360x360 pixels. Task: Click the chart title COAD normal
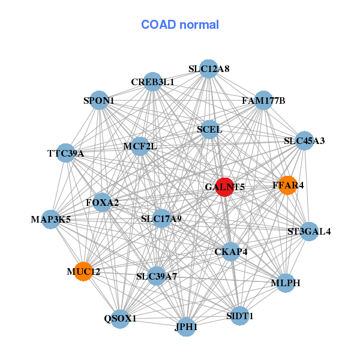tap(180, 25)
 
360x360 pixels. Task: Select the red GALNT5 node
tap(224, 187)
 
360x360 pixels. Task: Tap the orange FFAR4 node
tap(287, 185)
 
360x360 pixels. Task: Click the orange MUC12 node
tap(83, 271)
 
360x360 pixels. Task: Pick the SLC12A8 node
tap(208, 68)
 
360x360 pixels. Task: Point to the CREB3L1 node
tap(154, 82)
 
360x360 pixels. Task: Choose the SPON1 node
tap(100, 100)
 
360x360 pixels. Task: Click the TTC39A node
tap(66, 153)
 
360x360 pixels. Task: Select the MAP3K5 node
tap(51, 218)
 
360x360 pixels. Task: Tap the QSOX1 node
tap(121, 318)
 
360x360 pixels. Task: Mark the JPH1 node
tap(186, 326)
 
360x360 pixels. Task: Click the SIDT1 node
tap(240, 315)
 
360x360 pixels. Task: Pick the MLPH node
tap(285, 283)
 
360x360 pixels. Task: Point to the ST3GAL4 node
tap(309, 231)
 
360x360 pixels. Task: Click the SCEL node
tap(209, 129)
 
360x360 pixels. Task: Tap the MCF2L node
tap(140, 146)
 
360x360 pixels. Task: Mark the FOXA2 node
tap(103, 202)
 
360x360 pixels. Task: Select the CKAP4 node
tap(231, 251)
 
